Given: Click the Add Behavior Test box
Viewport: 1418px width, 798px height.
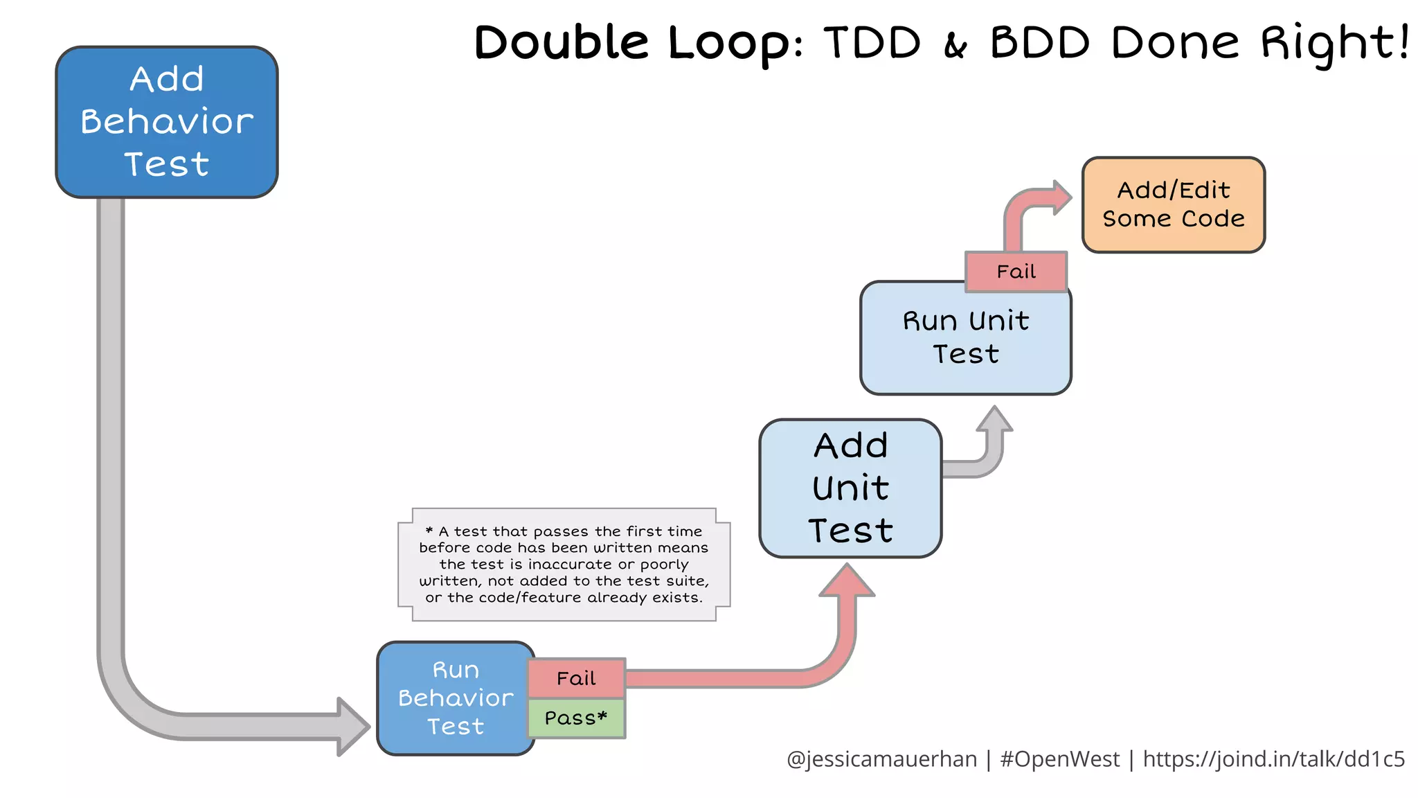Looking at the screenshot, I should (167, 122).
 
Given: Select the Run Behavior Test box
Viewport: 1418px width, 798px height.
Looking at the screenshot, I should (455, 698).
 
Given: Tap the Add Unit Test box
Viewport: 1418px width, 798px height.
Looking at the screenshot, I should (850, 488).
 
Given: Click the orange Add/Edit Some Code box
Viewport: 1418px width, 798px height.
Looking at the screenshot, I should (1174, 205).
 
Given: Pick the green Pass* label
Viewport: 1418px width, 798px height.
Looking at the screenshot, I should (576, 718).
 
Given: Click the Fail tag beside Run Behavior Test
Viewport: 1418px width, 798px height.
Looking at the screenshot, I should (576, 678).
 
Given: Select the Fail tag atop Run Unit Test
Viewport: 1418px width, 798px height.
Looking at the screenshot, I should (1016, 272).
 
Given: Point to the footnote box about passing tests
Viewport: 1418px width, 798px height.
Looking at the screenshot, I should (564, 565).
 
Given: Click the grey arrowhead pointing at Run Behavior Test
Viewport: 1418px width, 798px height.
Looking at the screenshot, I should (352, 727).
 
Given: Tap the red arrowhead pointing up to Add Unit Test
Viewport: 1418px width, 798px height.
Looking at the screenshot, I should (847, 580).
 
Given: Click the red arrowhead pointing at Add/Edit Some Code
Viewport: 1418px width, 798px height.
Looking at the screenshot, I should (1060, 197).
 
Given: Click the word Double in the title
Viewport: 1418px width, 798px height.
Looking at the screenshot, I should (562, 43).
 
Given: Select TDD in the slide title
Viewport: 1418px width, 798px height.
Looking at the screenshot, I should (872, 43).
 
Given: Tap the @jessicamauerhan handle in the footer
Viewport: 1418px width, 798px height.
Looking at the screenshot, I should (881, 759).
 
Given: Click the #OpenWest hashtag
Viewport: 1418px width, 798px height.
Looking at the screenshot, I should (1059, 759).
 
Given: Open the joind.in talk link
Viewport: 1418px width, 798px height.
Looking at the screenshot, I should (1273, 759).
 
